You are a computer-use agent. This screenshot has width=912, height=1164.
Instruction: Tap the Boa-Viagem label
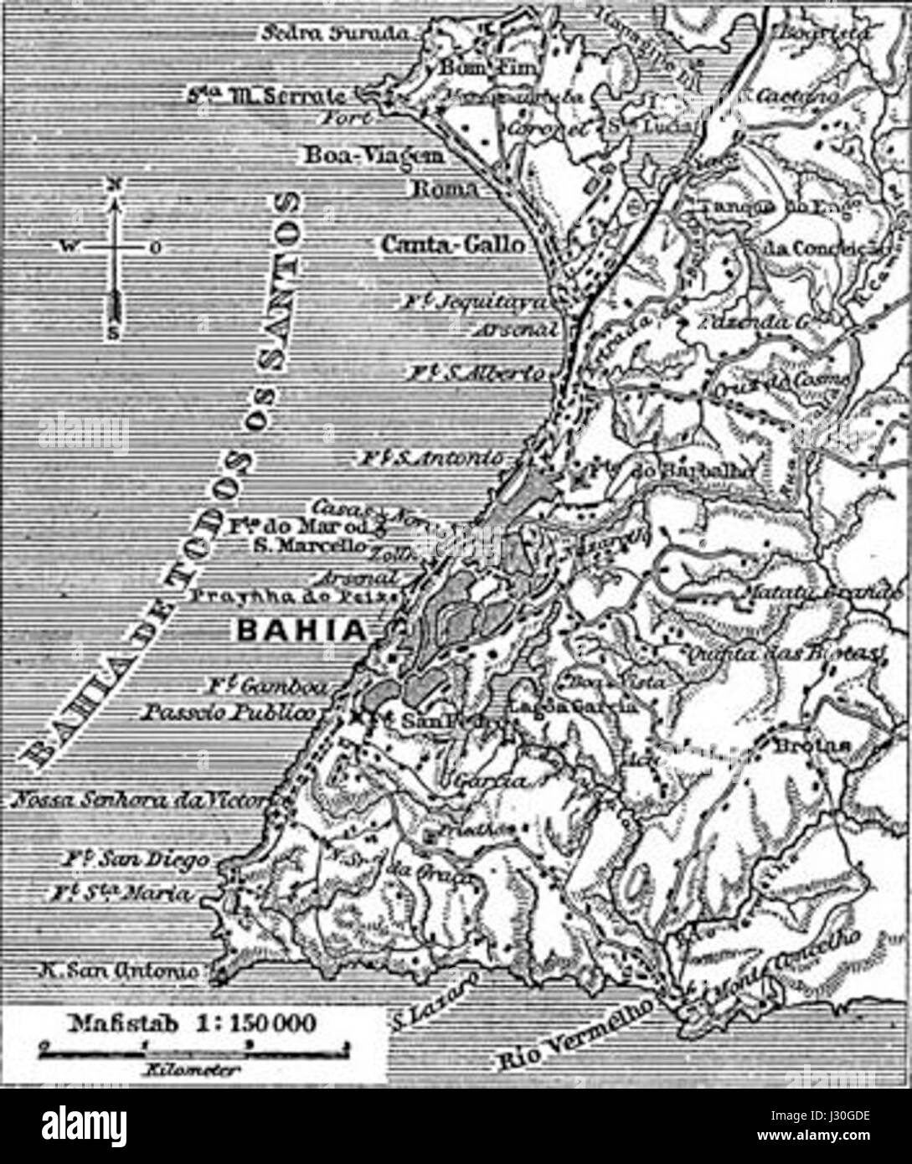[373, 156]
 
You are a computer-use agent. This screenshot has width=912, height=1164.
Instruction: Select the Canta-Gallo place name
[453, 245]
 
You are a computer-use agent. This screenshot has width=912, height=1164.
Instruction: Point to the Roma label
[446, 189]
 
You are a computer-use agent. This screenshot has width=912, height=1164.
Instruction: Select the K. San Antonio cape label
[120, 970]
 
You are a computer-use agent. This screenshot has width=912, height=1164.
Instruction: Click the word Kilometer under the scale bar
[192, 1069]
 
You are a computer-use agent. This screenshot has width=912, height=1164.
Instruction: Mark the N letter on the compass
[116, 183]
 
